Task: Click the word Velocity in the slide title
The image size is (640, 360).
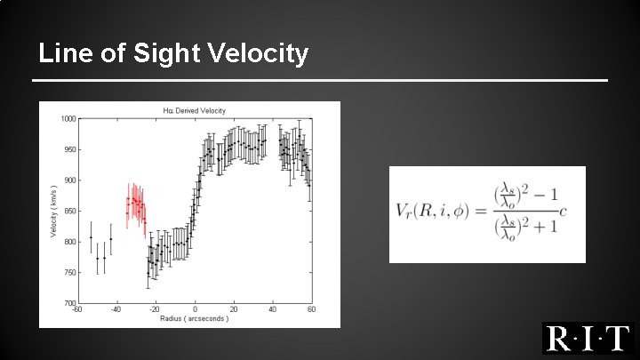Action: [260, 54]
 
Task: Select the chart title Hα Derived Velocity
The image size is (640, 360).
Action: [195, 110]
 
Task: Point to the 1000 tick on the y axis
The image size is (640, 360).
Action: [68, 119]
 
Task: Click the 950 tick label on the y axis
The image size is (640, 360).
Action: [68, 149]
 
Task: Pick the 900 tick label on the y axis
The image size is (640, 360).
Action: [68, 180]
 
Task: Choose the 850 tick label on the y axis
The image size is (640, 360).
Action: [68, 211]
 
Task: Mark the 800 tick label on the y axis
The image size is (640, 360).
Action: [68, 242]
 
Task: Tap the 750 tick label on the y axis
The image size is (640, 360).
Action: [68, 272]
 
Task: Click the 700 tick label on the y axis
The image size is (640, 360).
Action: [68, 303]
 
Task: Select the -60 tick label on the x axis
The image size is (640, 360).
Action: [77, 309]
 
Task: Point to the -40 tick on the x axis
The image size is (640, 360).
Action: [116, 309]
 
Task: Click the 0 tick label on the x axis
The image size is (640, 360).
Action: [195, 309]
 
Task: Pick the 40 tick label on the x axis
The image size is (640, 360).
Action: [273, 309]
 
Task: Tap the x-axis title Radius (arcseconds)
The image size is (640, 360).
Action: [194, 318]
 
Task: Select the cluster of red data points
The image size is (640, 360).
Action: [136, 206]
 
